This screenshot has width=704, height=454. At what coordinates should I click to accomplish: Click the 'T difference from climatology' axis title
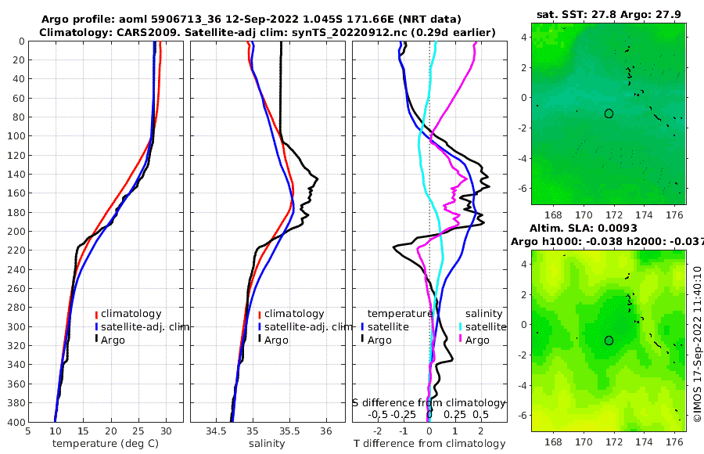pos(429,444)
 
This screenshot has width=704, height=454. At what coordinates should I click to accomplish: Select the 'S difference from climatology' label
pos(429,402)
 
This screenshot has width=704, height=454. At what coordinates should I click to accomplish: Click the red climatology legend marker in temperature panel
pos(97,315)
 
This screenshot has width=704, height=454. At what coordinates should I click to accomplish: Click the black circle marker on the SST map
pos(609,113)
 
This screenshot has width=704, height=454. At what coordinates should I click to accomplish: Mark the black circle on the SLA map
pos(609,340)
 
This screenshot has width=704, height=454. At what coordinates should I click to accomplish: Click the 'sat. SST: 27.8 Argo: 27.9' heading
pos(609,14)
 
